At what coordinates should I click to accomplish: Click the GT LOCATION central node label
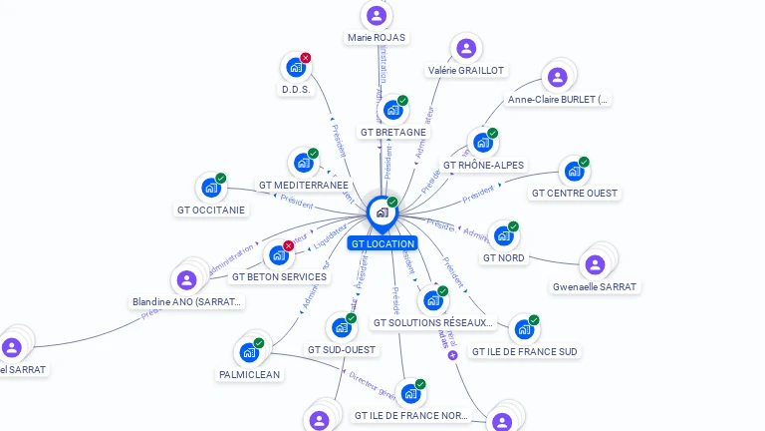click(382, 243)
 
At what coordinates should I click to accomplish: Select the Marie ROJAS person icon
click(376, 15)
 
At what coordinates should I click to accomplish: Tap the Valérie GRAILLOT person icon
click(466, 48)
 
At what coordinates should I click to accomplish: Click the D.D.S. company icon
click(295, 67)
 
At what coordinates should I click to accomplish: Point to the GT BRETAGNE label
click(393, 132)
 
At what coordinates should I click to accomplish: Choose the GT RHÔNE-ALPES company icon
click(482, 143)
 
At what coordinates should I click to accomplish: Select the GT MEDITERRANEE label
click(304, 185)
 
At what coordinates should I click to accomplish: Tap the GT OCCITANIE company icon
click(210, 188)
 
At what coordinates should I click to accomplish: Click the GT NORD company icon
click(503, 236)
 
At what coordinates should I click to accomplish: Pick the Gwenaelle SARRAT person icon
click(595, 264)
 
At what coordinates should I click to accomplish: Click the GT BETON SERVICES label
click(279, 276)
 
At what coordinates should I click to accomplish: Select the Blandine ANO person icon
click(186, 279)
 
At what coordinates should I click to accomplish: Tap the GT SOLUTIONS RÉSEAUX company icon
click(432, 300)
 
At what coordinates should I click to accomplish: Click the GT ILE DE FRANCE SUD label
click(524, 351)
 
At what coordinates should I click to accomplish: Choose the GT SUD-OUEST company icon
click(341, 327)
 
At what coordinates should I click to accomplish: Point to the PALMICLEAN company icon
click(248, 352)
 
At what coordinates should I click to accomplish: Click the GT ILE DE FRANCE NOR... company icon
click(409, 393)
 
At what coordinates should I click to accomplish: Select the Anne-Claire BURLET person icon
click(558, 77)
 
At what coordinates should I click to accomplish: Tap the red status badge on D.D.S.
click(306, 58)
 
